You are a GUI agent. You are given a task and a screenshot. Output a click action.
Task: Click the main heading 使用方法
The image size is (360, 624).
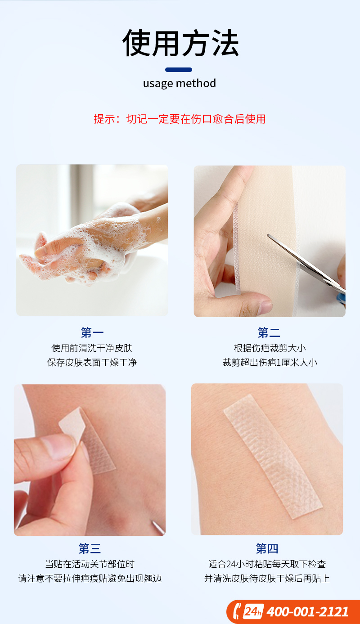click(180, 43)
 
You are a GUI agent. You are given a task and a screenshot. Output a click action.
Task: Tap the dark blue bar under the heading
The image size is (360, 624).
click(179, 70)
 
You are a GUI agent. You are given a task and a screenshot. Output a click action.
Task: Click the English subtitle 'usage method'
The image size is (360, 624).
click(180, 84)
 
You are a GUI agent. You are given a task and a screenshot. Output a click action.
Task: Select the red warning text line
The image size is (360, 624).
click(180, 119)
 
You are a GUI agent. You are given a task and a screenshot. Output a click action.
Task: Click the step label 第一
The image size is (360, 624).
click(92, 332)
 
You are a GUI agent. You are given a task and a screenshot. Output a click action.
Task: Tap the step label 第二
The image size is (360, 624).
click(269, 332)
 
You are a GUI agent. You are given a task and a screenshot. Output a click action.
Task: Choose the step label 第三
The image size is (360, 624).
click(90, 548)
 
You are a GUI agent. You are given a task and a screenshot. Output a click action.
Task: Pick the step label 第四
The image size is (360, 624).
click(267, 548)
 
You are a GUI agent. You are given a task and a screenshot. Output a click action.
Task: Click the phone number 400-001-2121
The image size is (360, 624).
click(307, 612)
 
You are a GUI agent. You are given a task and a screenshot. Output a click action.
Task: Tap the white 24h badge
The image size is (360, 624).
click(253, 611)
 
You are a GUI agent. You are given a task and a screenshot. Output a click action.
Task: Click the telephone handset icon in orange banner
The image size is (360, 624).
click(237, 611)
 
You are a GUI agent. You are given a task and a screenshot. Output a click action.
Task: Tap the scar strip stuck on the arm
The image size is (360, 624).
click(273, 457)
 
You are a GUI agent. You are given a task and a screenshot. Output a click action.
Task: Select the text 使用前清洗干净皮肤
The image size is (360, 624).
click(92, 348)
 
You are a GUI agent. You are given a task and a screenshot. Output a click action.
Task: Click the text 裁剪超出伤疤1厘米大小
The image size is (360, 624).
click(270, 363)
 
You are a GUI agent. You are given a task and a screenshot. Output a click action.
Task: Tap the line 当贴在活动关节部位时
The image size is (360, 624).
click(90, 564)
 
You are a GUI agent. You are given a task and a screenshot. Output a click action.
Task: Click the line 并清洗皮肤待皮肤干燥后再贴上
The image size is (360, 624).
click(267, 579)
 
